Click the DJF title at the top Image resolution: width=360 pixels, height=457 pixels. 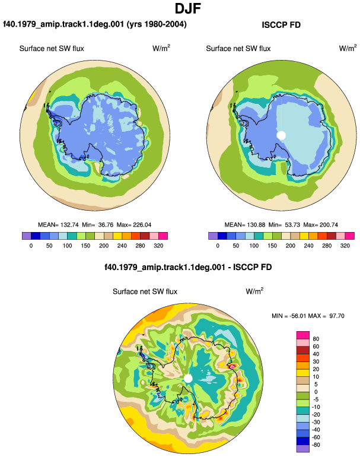188,9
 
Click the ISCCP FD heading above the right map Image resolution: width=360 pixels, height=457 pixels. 281,25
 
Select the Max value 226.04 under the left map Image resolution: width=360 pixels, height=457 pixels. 142,225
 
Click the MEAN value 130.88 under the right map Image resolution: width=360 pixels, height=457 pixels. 256,225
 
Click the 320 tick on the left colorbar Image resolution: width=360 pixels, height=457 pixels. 158,246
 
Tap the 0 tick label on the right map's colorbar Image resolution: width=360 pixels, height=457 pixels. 218,246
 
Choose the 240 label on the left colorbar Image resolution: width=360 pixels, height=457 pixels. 122,246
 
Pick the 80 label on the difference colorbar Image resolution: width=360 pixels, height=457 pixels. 316,339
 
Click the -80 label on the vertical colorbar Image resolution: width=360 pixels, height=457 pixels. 316,445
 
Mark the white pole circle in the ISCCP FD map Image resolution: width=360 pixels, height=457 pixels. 281,135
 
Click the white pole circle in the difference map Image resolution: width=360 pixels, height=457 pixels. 189,379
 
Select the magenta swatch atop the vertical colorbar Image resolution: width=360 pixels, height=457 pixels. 303,335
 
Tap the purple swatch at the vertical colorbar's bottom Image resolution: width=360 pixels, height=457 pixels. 303,449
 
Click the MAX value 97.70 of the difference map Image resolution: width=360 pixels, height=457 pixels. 337,316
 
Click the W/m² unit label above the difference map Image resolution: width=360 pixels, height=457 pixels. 254,291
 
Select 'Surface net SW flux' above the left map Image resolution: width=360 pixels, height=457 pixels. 52,49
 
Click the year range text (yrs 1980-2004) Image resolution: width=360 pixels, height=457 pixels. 157,24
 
